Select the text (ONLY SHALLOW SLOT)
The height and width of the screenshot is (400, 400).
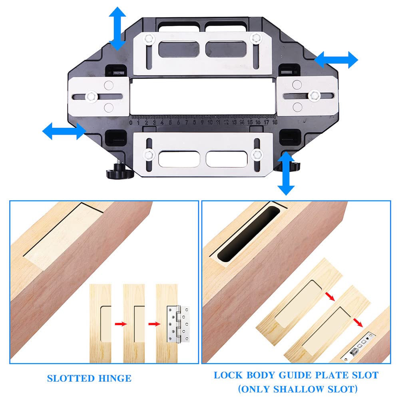coord(296,389)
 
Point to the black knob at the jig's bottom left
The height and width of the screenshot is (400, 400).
coord(115,173)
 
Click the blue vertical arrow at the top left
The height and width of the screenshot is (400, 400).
coord(117,28)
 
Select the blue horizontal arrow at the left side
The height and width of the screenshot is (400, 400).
coord(64,131)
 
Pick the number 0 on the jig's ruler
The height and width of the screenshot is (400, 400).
coord(131,123)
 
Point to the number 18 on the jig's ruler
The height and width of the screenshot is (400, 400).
coord(275,123)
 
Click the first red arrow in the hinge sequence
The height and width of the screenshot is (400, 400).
coord(118,323)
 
